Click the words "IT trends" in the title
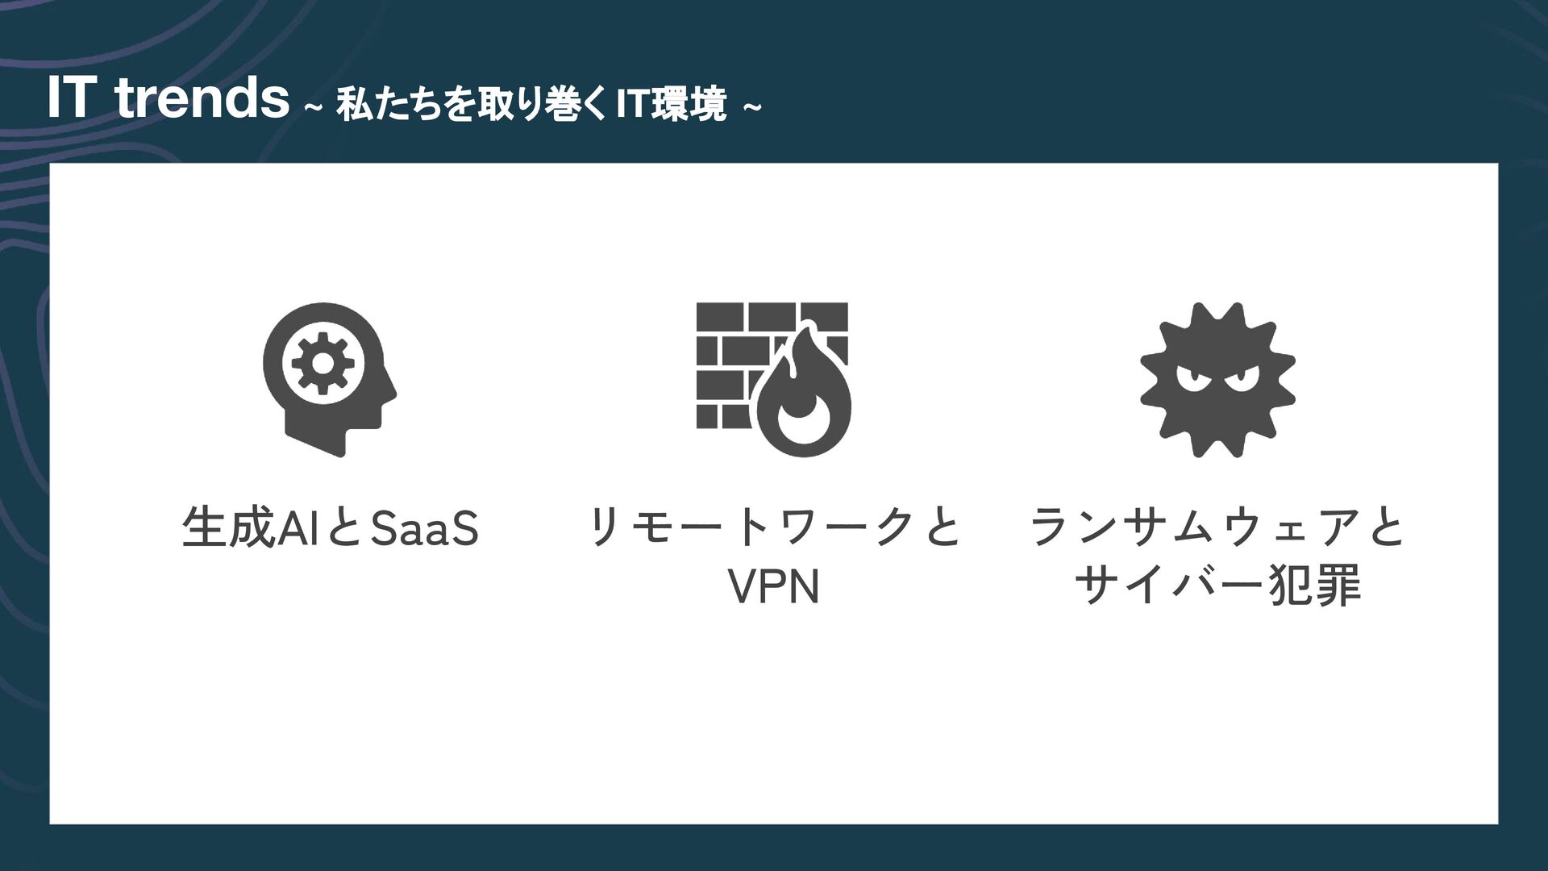[x=168, y=98]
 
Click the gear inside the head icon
[x=322, y=364]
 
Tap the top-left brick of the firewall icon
[x=719, y=316]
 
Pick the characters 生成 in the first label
[x=229, y=528]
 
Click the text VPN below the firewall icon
[x=773, y=587]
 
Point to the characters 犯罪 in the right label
[x=1315, y=586]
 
